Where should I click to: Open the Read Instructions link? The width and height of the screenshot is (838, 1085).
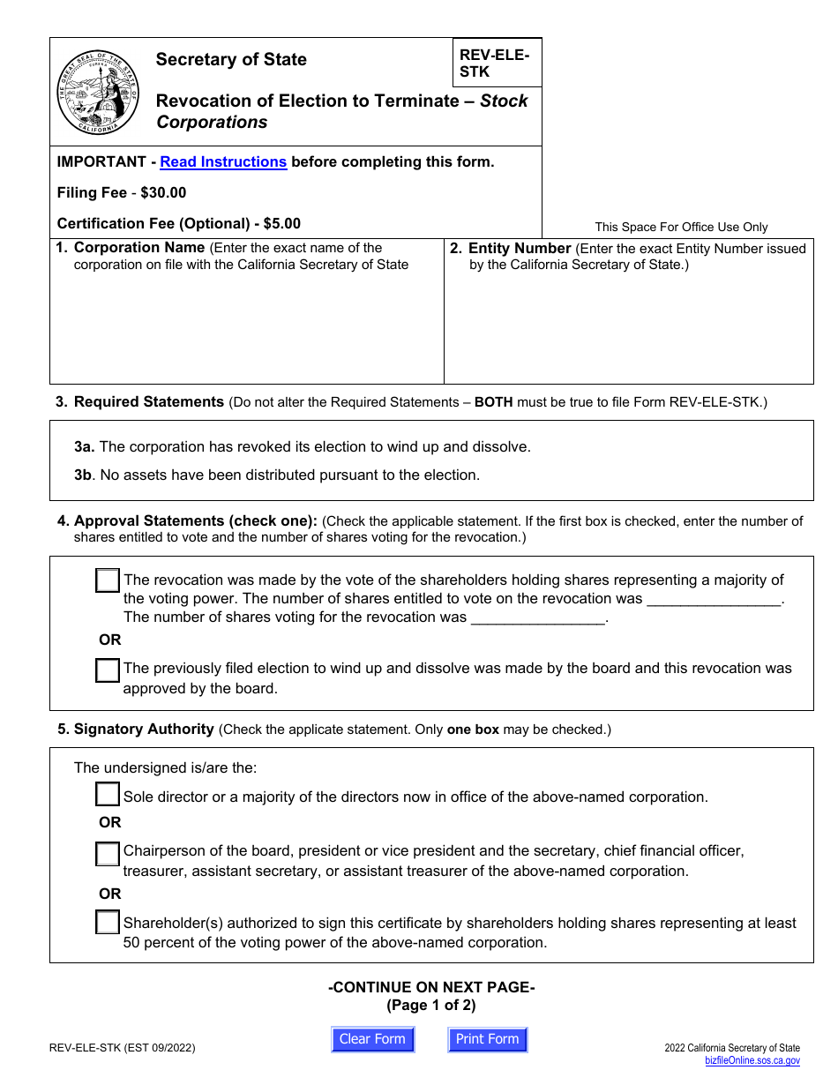223,161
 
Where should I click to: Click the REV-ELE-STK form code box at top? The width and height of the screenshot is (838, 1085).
497,63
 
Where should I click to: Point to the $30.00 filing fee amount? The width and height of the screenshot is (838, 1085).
163,192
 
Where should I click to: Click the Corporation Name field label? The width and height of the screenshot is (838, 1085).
138,248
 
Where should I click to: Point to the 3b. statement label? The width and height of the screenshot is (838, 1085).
84,475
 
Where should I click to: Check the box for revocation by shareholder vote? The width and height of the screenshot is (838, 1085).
108,580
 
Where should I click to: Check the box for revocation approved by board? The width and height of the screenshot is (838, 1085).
108,670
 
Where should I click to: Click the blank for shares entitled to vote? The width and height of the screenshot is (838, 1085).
715,600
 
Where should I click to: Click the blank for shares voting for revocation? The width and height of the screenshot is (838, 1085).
538,618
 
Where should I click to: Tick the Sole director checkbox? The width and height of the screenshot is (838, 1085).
108,795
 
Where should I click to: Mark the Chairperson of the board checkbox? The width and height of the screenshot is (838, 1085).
108,853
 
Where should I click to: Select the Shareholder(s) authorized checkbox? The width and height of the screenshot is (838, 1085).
108,923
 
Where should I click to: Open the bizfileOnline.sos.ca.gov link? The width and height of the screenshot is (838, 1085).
752,1061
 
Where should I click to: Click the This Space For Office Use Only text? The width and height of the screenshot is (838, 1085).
681,227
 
